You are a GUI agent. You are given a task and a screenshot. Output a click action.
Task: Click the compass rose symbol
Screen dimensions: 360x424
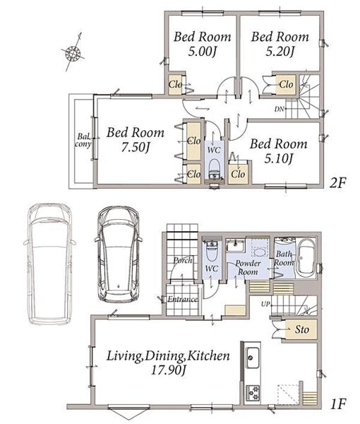[73, 52]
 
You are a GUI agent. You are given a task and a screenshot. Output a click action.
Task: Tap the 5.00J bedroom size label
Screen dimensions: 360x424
[203, 52]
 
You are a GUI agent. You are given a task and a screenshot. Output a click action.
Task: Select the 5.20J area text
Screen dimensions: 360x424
[280, 52]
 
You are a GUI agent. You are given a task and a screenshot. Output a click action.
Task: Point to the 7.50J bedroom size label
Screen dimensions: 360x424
[136, 148]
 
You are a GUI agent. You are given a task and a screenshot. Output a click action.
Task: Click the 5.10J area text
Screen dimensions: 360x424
[278, 159]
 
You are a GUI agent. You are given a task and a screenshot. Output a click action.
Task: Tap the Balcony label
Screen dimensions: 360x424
[83, 140]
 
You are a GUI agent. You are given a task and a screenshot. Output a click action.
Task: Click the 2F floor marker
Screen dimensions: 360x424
[337, 183]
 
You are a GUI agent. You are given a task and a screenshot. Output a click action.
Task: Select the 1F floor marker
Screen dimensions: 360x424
[337, 404]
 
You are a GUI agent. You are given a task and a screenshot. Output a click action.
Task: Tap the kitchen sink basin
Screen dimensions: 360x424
[253, 358]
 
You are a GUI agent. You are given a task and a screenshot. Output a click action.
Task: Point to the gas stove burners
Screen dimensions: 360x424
[253, 393]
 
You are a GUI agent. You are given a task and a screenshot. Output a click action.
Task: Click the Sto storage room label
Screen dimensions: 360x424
[301, 329]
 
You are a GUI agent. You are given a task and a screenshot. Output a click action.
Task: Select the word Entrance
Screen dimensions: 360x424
[183, 299]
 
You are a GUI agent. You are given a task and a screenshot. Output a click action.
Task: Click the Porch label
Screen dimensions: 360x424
[183, 260]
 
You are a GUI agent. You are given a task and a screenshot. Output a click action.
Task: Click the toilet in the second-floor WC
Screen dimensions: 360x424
[215, 169]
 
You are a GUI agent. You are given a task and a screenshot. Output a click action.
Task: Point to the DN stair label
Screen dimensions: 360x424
[280, 110]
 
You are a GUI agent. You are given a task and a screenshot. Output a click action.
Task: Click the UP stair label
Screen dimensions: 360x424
[265, 304]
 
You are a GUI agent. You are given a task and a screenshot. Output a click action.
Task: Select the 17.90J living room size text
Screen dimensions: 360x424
[168, 370]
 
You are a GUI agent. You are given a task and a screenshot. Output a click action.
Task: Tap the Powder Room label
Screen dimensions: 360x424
[248, 267]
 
